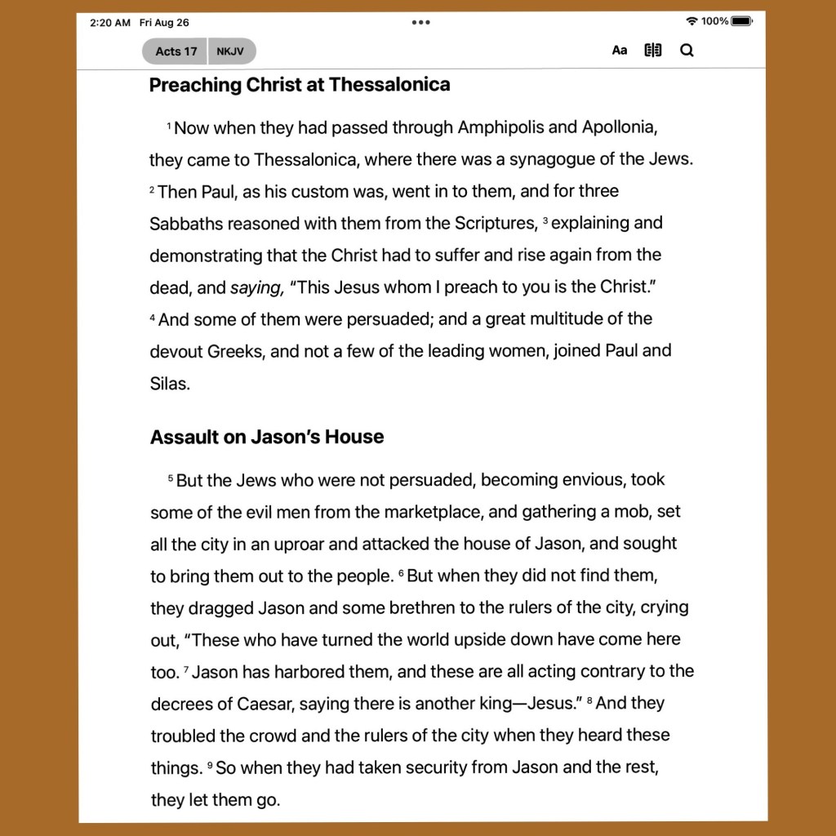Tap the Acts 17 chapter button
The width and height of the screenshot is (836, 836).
(x=176, y=51)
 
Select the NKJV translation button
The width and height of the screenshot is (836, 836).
(x=231, y=51)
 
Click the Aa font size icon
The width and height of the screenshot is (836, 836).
(x=620, y=51)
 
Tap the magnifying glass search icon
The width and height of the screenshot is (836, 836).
(x=687, y=51)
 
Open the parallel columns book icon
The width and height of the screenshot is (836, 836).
(x=653, y=51)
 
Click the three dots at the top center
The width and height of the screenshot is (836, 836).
(x=420, y=22)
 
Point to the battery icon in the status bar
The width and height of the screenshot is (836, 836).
(x=741, y=21)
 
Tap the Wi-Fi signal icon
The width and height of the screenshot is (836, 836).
(x=692, y=21)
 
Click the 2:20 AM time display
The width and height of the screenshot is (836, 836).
(x=110, y=23)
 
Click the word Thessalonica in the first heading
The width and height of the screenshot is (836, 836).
(x=389, y=85)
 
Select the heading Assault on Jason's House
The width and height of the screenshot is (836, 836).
(x=267, y=438)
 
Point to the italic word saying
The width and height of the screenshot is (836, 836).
(x=256, y=287)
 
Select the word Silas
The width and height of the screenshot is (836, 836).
(x=170, y=384)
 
